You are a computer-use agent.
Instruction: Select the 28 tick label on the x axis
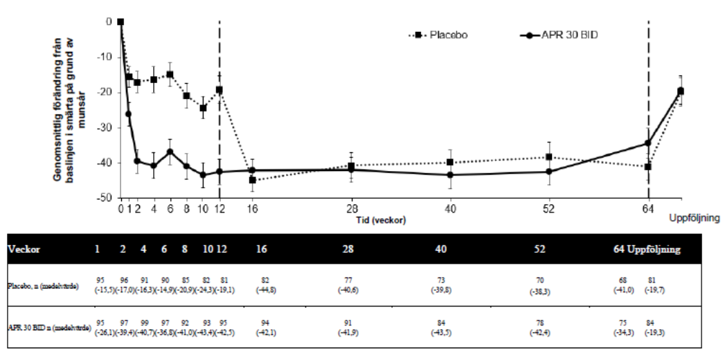click(351, 210)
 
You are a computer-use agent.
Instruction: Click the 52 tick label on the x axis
click(549, 210)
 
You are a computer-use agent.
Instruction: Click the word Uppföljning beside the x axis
click(694, 217)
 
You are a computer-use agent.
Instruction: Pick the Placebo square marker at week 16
click(253, 180)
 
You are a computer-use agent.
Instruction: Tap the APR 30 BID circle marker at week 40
click(450, 174)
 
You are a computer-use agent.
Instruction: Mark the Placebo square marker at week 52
click(549, 157)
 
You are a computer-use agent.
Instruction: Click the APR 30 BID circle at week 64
click(648, 143)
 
